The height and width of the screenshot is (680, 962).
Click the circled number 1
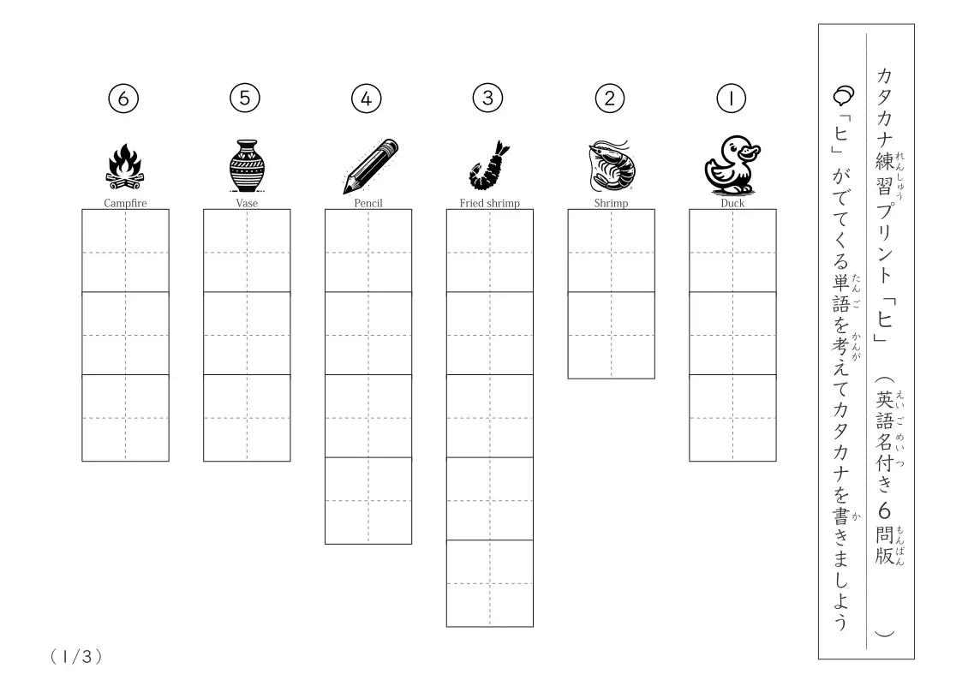point(731,98)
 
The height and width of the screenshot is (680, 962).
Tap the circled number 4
point(367,98)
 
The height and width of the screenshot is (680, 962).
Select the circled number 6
point(123,98)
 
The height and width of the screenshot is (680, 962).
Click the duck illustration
point(732,165)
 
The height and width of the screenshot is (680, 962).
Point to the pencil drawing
point(371,166)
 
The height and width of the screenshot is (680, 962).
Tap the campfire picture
point(125,167)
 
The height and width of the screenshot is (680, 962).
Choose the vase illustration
point(247,165)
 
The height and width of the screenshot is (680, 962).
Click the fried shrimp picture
point(490,165)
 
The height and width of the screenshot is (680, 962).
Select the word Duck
point(732,203)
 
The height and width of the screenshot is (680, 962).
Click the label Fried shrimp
point(490,203)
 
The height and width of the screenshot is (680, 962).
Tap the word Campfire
point(125,203)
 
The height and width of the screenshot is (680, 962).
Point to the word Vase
point(247,203)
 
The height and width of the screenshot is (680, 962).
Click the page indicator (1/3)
point(76,657)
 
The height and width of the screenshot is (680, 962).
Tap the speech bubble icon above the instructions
point(844,95)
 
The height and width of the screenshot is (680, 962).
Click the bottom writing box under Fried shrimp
point(490,583)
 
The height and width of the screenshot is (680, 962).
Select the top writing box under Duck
point(732,251)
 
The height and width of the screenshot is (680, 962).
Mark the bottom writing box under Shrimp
point(611,336)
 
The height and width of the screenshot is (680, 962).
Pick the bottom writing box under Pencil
point(368,500)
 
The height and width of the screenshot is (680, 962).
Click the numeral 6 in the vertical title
point(884,510)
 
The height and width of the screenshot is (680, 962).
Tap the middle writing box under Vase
point(247,333)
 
